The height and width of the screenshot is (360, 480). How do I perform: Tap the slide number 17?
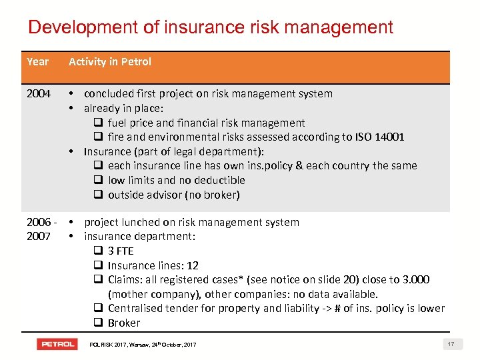tap(451, 344)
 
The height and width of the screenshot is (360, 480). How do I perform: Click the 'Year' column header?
tap(38, 62)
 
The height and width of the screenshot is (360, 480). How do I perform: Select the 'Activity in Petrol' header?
tap(110, 62)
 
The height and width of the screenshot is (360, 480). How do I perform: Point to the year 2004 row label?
tap(39, 94)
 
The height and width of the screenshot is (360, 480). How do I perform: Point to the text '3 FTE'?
tap(121, 251)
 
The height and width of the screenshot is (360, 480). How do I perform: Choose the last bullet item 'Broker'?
tap(124, 323)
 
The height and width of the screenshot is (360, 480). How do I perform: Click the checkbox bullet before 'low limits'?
tap(97, 181)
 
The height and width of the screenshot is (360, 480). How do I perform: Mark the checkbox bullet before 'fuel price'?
tap(97, 123)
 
